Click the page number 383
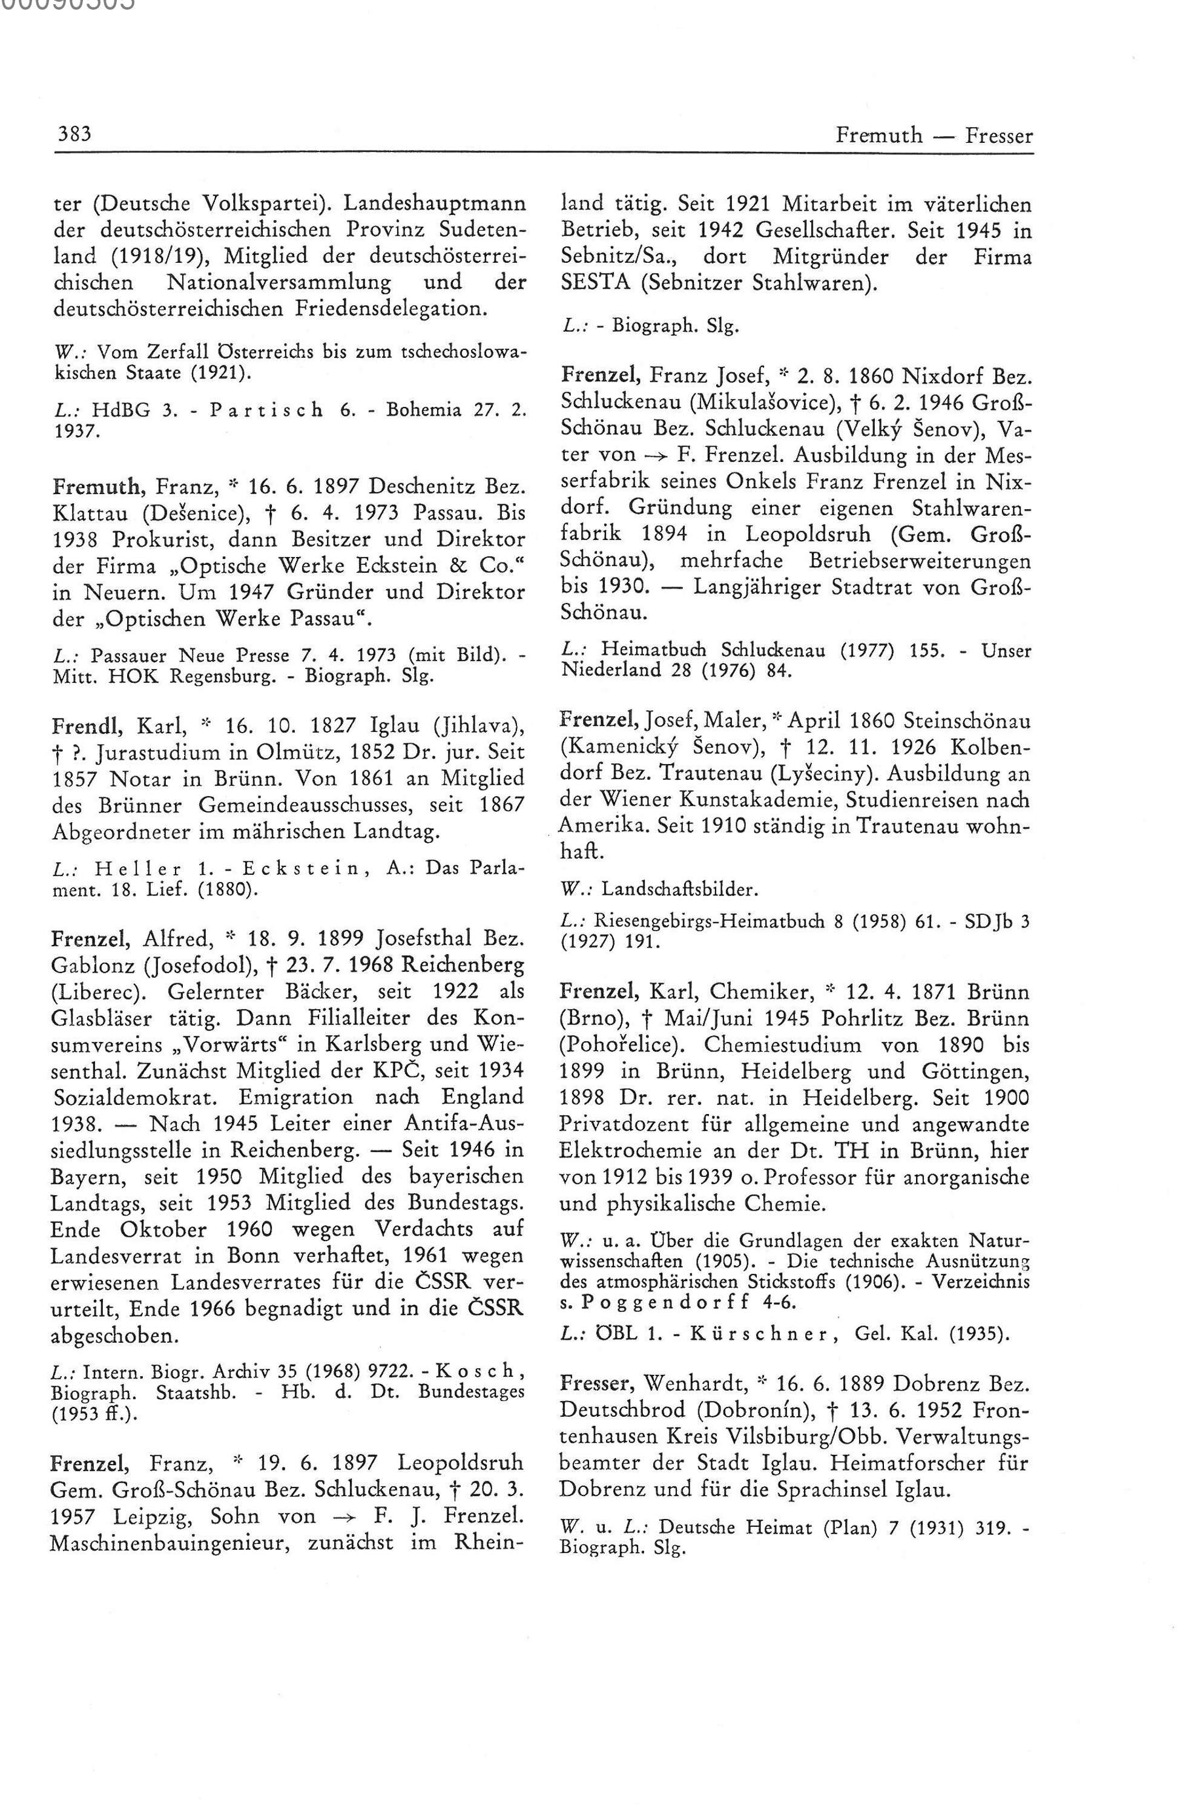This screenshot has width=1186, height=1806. (74, 135)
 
